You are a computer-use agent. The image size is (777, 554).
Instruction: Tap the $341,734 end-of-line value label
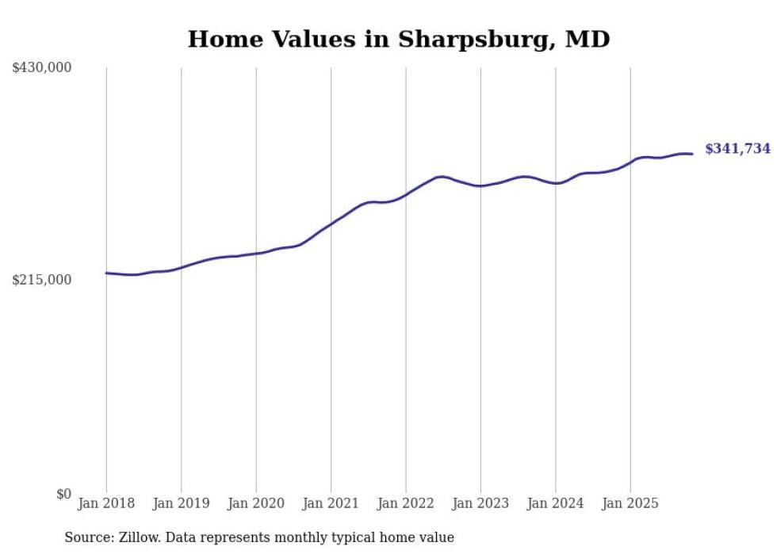click(737, 148)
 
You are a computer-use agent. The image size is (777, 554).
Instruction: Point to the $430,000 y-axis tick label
click(42, 68)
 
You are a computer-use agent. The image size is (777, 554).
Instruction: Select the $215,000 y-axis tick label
click(42, 280)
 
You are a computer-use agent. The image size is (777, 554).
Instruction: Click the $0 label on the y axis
click(63, 494)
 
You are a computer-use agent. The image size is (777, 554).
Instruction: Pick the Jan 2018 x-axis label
click(106, 503)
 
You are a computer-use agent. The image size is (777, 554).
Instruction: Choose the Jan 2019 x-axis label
click(181, 503)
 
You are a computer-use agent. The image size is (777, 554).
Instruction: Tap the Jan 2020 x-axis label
click(256, 503)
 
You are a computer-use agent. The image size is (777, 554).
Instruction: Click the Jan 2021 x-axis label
click(331, 503)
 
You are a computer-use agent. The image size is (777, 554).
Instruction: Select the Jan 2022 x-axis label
click(406, 503)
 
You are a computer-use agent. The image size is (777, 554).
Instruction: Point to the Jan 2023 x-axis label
click(480, 503)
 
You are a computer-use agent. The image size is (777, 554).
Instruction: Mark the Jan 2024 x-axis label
click(556, 503)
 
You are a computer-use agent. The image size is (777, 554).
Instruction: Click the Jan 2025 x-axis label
click(630, 503)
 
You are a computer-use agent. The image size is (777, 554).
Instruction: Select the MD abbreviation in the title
click(588, 39)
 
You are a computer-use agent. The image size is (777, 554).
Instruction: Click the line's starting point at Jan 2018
click(106, 273)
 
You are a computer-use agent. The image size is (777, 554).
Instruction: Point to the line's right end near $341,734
click(692, 154)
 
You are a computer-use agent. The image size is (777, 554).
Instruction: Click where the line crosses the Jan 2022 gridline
click(406, 194)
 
